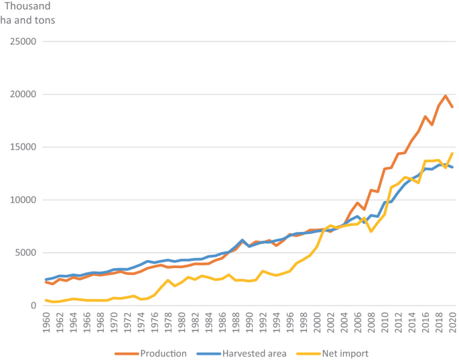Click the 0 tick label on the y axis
point(33,306)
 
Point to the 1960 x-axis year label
point(46,323)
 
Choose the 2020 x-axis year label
point(452,323)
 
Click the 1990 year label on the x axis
point(249,323)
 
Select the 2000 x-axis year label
point(317,323)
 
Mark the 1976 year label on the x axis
point(155,323)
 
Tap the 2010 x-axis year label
point(385,323)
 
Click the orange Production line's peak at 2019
point(446,96)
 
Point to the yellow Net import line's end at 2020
point(452,154)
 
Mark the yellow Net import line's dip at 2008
point(371,231)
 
